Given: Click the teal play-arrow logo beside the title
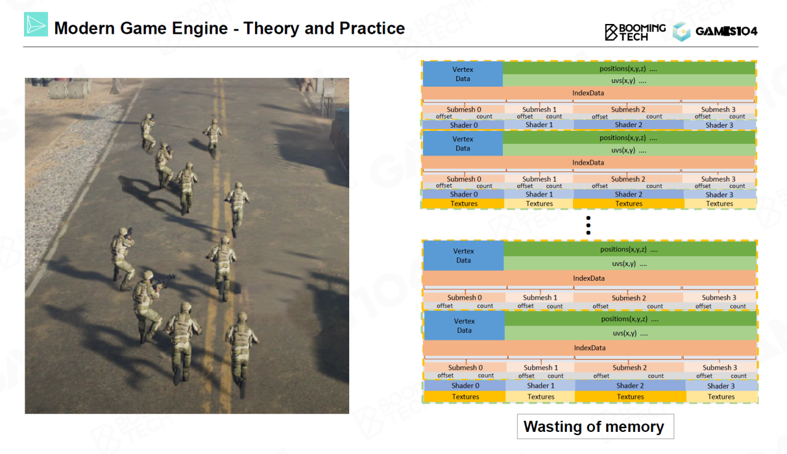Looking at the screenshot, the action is pyautogui.click(x=36, y=24).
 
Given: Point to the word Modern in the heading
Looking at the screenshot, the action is pyautogui.click(x=84, y=28).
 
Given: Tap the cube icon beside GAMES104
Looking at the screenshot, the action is pyautogui.click(x=682, y=32).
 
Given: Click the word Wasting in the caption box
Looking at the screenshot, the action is pyautogui.click(x=554, y=426).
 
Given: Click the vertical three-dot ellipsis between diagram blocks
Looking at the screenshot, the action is pyautogui.click(x=588, y=225).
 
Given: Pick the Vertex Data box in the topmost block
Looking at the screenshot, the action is pyautogui.click(x=462, y=74).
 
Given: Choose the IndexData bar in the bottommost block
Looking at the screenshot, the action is pyautogui.click(x=590, y=348).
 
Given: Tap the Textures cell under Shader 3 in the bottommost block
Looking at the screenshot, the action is pyautogui.click(x=721, y=397).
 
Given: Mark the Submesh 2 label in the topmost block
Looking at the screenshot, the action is pyautogui.click(x=628, y=109).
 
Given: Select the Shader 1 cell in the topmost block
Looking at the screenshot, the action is pyautogui.click(x=539, y=125).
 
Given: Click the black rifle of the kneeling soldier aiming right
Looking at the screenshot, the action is pyautogui.click(x=163, y=281).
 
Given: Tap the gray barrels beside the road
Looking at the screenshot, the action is pyautogui.click(x=68, y=89).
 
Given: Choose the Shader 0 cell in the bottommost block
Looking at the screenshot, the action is pyautogui.click(x=465, y=386).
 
